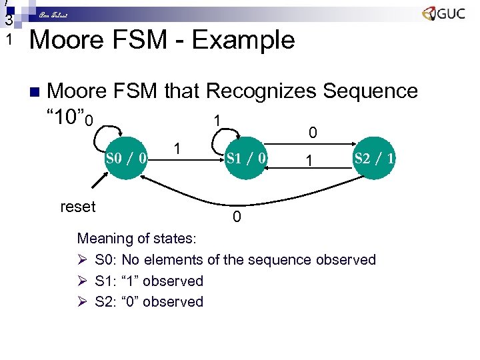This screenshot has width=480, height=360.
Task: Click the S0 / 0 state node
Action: click(x=127, y=159)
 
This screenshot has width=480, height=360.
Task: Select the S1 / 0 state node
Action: click(x=247, y=159)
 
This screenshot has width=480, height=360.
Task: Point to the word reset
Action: click(x=78, y=207)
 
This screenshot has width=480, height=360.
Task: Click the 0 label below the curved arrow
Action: click(x=237, y=218)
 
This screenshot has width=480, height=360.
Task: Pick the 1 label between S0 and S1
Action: click(x=177, y=148)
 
